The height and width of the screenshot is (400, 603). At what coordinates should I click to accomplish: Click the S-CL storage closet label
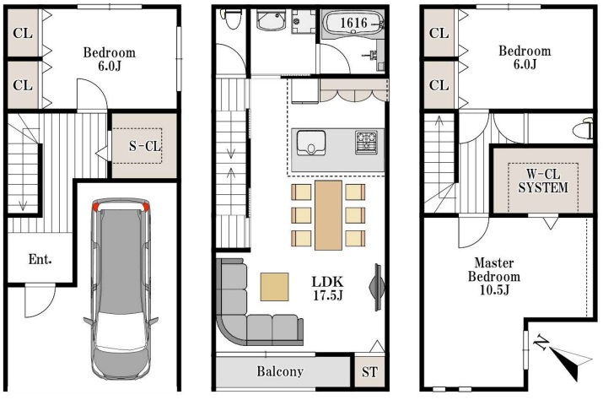144,146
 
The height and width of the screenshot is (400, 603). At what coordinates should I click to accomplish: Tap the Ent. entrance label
40,259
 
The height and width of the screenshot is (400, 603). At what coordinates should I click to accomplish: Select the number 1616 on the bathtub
354,23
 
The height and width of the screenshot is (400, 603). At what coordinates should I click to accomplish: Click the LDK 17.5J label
327,289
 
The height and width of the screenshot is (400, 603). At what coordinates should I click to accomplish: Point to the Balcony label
280,371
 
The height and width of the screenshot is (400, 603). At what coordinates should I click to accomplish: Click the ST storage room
369,372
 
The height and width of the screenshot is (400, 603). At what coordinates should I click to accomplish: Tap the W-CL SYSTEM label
543,181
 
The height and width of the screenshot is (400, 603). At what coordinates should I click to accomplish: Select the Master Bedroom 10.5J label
494,276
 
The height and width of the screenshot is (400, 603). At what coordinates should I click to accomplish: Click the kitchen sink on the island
311,143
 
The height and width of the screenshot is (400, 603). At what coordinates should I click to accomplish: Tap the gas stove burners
367,142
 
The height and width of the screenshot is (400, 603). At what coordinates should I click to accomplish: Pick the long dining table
328,215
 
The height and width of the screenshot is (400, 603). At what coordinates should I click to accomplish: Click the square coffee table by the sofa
275,286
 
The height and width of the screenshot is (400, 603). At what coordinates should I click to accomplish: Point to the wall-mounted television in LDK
377,287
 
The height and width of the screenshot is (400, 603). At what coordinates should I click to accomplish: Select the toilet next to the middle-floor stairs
231,18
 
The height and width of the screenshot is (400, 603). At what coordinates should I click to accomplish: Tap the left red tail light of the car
96,207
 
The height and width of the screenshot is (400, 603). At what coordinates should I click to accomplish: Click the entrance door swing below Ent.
40,300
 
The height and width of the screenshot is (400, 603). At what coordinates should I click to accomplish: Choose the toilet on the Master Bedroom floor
583,128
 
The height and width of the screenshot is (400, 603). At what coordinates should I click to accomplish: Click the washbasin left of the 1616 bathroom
272,20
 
